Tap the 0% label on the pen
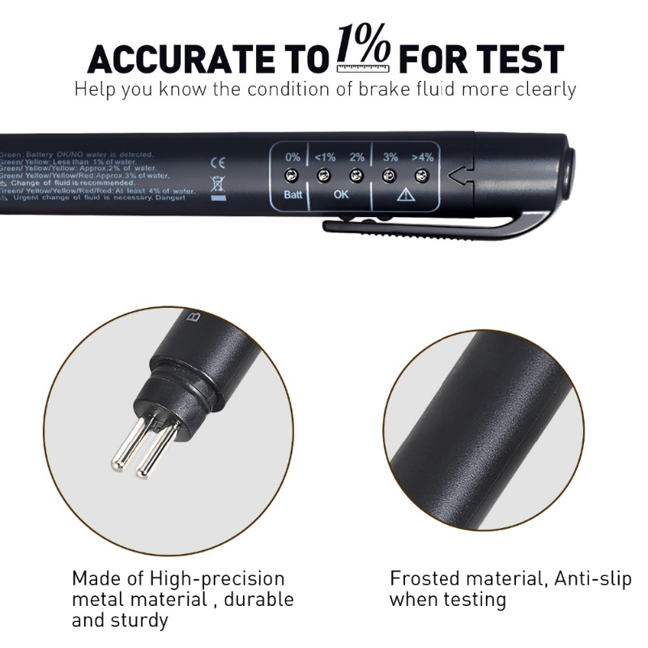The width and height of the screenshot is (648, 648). (x=292, y=157)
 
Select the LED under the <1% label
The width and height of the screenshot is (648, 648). (x=324, y=175)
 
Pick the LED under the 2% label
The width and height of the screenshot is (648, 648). (x=356, y=175)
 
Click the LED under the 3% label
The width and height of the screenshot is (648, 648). (x=390, y=175)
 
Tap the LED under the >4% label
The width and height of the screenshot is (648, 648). (x=421, y=175)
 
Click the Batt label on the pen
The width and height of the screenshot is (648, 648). (x=292, y=195)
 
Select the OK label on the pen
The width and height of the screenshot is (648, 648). (x=341, y=195)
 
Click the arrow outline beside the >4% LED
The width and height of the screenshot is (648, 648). (x=459, y=175)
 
